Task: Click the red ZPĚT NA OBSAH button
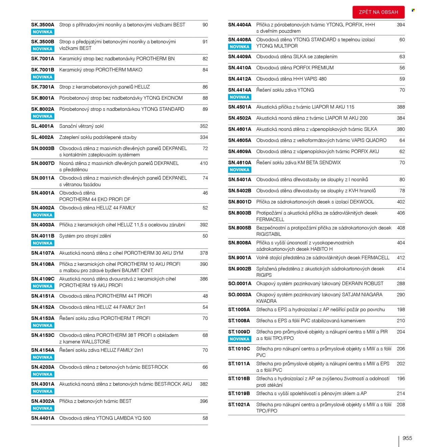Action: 378,12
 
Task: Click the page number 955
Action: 407,438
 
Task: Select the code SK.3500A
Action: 43,25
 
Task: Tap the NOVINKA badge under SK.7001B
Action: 43,77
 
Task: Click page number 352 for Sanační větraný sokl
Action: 204,126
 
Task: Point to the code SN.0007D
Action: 43,163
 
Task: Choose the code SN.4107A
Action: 43,253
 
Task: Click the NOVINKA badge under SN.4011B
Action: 43,243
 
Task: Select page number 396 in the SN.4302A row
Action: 204,401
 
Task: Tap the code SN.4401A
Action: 43,418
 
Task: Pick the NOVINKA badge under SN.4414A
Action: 240,97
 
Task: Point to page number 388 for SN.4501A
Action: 401,107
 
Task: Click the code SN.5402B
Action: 240,191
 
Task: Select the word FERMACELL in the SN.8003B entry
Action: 270,220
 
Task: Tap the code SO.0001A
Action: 240,284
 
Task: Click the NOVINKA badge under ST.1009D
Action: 240,339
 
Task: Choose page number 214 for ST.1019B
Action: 401,393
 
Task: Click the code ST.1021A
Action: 239,405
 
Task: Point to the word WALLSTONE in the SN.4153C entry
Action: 96,342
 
